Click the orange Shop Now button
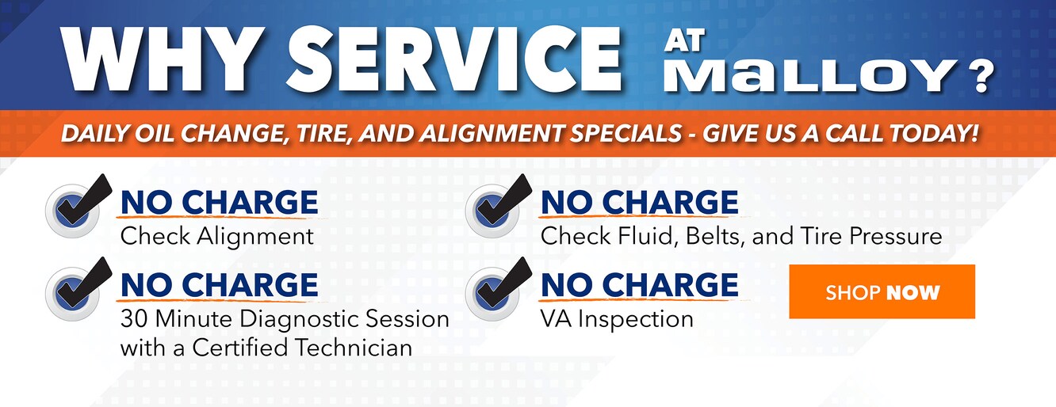pyautogui.click(x=882, y=291)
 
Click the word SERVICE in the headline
pyautogui.click(x=453, y=59)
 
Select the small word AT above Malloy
pyautogui.click(x=684, y=40)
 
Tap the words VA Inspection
pyautogui.click(x=617, y=319)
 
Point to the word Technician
pyautogui.click(x=354, y=348)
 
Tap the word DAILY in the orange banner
pyautogui.click(x=96, y=134)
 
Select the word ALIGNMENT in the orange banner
pyautogui.click(x=492, y=134)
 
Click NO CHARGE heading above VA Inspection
pyautogui.click(x=639, y=284)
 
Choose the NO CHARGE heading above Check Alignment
pyautogui.click(x=220, y=202)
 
